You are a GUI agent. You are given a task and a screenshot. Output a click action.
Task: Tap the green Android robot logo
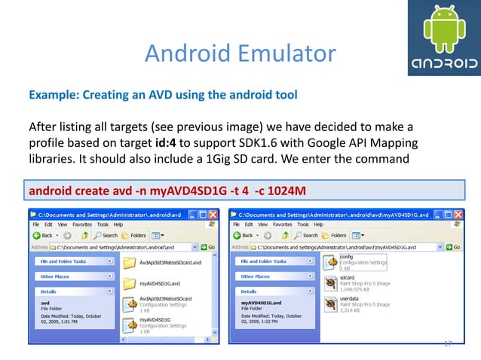(441, 29)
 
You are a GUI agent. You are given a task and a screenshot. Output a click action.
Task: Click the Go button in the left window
(208, 246)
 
